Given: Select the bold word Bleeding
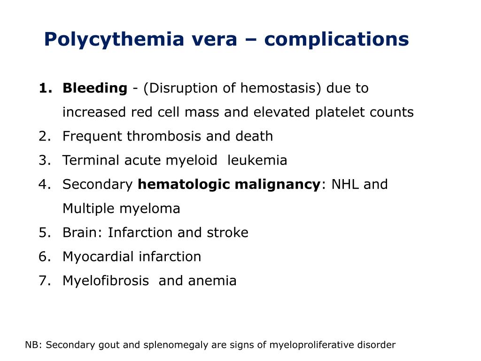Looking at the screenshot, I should tap(95, 88).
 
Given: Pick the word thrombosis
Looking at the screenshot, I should tap(167, 136).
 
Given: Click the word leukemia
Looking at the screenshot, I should tap(257, 160).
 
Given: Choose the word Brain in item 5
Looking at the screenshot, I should tap(83, 233).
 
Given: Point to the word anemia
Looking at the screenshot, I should tap(212, 281).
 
